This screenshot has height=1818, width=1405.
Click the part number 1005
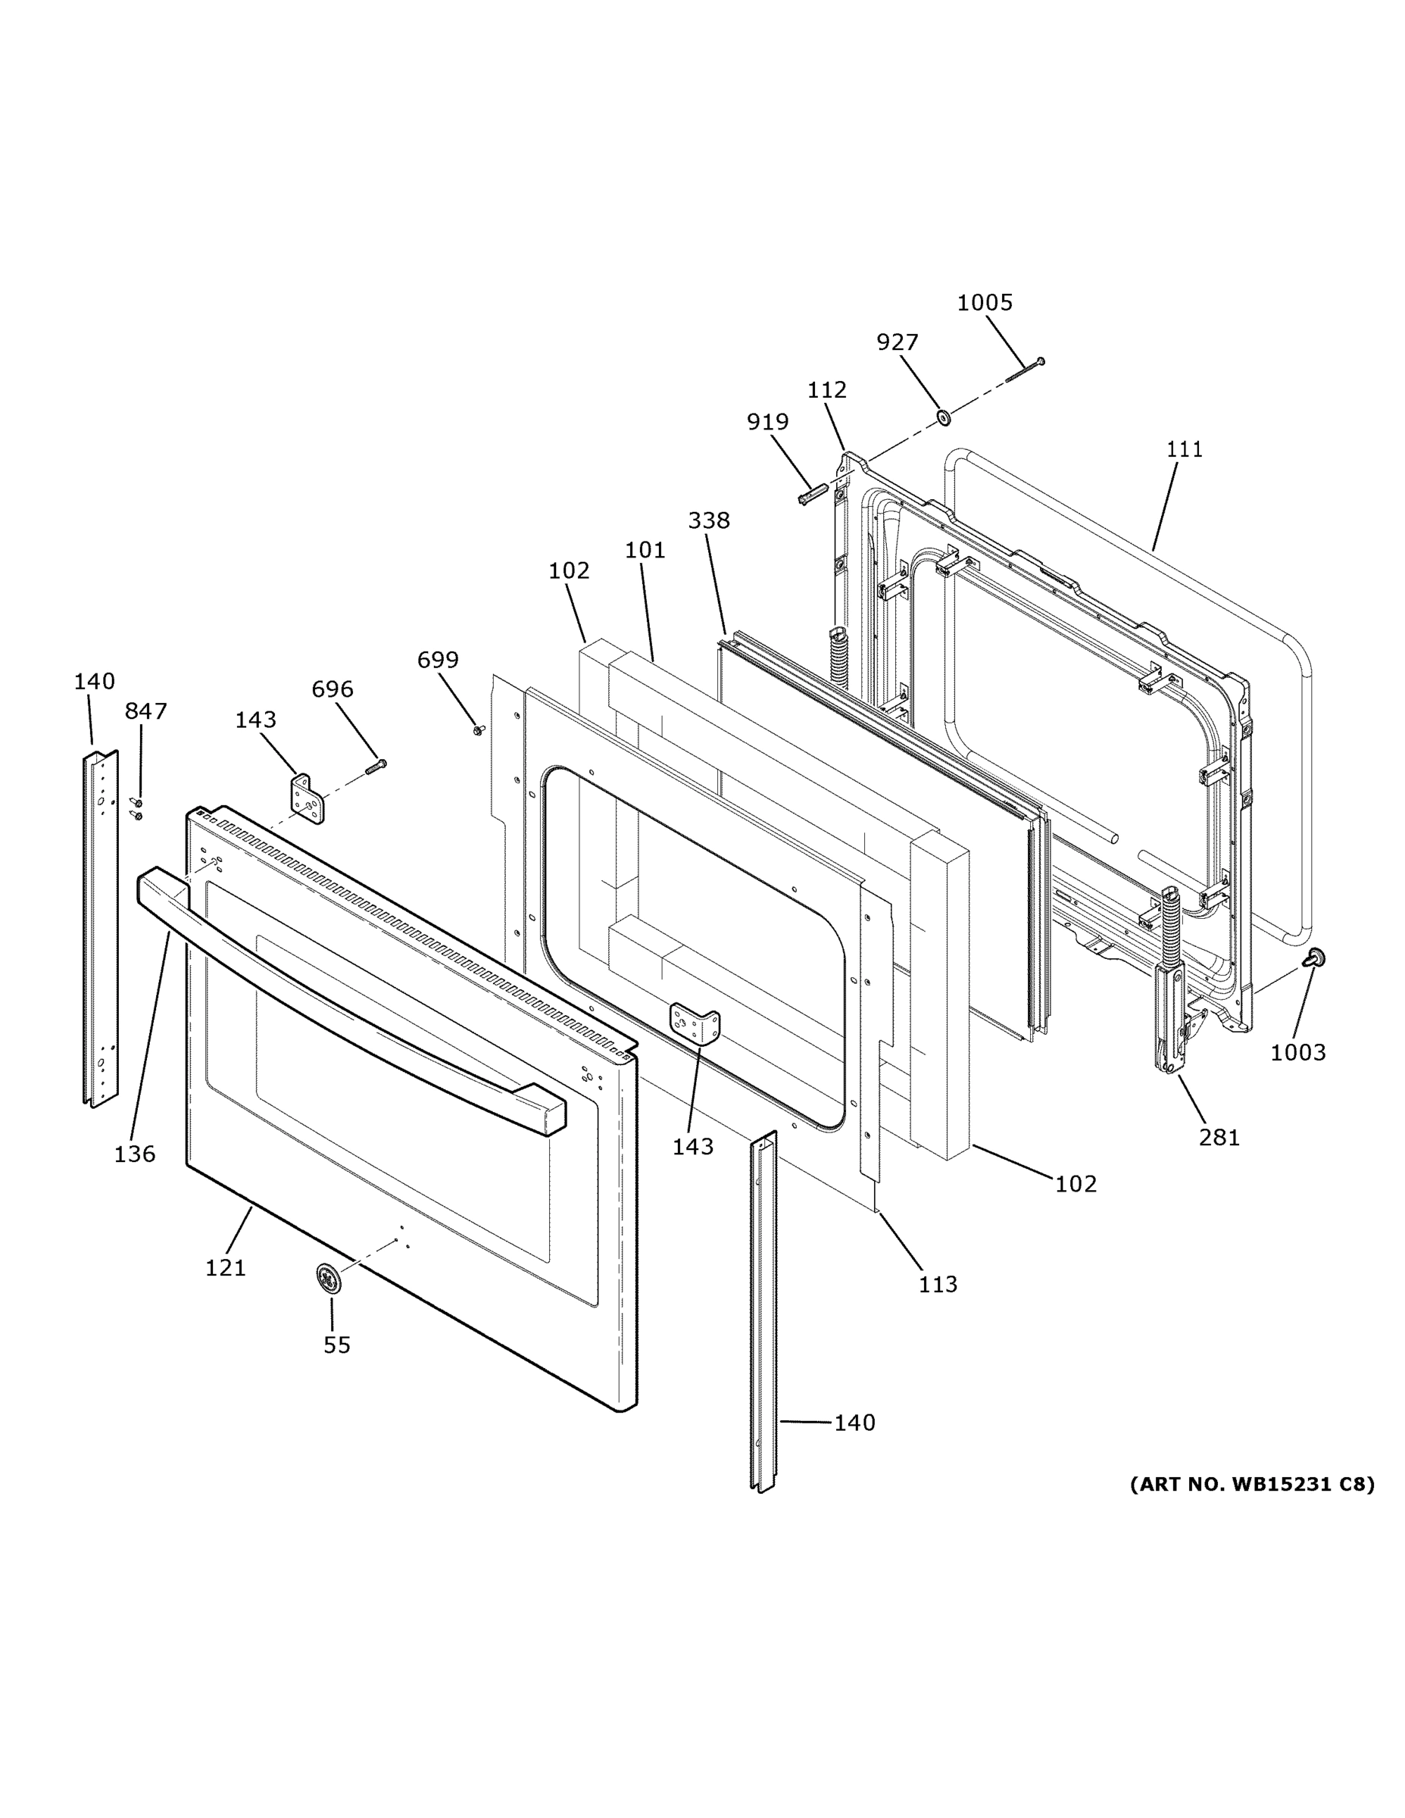[x=985, y=303]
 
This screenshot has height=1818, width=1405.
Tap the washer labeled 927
[x=944, y=416]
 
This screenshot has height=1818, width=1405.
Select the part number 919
[x=767, y=423]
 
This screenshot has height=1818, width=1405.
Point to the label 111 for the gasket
[x=1185, y=449]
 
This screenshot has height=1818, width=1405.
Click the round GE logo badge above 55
[x=329, y=1278]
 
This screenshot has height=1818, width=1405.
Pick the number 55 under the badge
[x=337, y=1345]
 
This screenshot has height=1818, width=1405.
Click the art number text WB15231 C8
[x=1252, y=1484]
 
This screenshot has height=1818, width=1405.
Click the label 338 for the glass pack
[x=709, y=520]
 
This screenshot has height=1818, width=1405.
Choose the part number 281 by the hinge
[x=1219, y=1137]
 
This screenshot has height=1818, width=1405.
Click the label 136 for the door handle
[x=135, y=1154]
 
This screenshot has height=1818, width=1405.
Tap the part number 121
[x=226, y=1268]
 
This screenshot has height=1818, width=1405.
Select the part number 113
[x=938, y=1285]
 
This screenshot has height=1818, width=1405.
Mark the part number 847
[x=145, y=711]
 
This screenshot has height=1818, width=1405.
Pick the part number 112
[x=826, y=389]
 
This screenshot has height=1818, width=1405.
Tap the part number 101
[x=645, y=550]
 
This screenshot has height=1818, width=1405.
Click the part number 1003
[x=1297, y=1052]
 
